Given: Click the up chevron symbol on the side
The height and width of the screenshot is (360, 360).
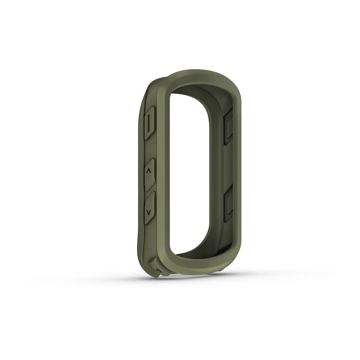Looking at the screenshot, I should point(149,171).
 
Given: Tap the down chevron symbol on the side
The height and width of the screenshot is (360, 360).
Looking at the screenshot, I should point(149,212).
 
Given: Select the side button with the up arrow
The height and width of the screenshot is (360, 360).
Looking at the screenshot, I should point(150,175).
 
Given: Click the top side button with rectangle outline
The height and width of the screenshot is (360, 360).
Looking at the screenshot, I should point(150,123).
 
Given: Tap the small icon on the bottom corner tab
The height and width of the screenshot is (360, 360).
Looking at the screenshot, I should point(158,270).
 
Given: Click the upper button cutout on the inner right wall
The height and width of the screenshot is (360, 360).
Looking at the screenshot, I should point(228,126).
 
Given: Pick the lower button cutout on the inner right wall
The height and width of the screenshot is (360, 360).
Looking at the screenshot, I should point(228,203).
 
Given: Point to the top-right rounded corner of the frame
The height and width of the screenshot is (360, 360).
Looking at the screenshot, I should point(232,82).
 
